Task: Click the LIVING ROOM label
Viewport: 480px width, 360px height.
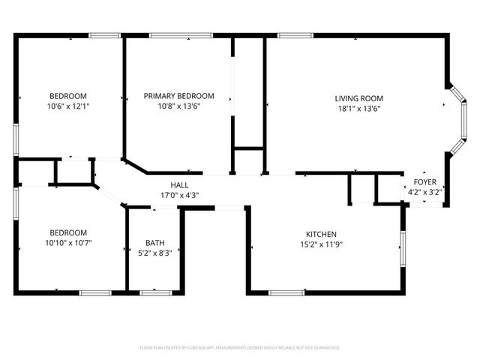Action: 358,98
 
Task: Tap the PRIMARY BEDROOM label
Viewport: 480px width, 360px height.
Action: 178,96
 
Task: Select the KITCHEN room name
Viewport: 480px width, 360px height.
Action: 320,234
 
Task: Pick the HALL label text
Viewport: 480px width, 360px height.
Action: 179,185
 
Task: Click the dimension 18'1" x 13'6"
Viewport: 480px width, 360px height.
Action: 358,107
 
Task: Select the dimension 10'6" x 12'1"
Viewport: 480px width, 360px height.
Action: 68,106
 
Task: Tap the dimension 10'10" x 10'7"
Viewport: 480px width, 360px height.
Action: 68,243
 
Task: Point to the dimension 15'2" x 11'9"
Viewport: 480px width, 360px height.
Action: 320,244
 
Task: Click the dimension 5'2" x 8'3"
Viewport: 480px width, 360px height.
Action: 154,253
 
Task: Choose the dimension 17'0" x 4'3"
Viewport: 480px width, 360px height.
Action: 179,195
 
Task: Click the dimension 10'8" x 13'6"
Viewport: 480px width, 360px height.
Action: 178,106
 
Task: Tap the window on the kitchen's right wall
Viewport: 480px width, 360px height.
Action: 403,248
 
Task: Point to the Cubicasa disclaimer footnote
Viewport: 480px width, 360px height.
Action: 240,347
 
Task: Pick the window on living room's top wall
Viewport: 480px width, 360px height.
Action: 295,34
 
